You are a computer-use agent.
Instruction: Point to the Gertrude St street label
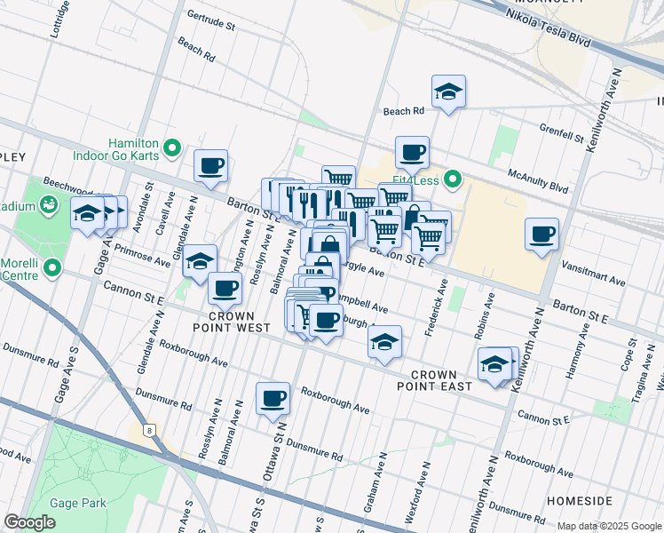point(211,20)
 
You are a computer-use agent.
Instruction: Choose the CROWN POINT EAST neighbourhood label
point(434,380)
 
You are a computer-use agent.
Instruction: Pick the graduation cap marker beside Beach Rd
point(449,91)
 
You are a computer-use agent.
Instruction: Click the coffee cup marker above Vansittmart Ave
point(541,234)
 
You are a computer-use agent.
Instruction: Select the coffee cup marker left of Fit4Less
point(412,152)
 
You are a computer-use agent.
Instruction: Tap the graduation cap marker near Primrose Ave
point(200,260)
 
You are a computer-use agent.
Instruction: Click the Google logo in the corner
point(29,522)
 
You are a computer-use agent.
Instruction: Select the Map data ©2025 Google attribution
point(609,526)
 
